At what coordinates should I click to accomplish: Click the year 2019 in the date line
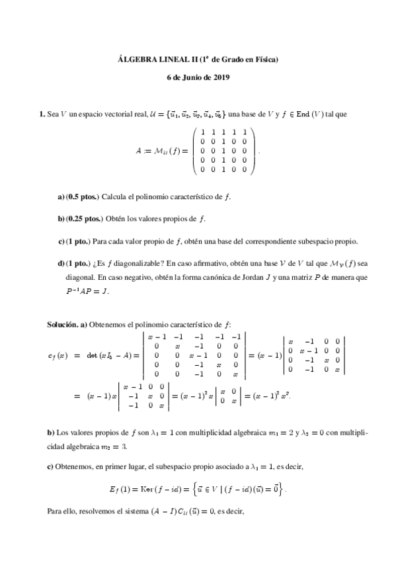pos(219,78)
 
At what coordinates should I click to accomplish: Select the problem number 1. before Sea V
pos(43,114)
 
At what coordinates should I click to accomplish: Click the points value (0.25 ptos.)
pos(86,218)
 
